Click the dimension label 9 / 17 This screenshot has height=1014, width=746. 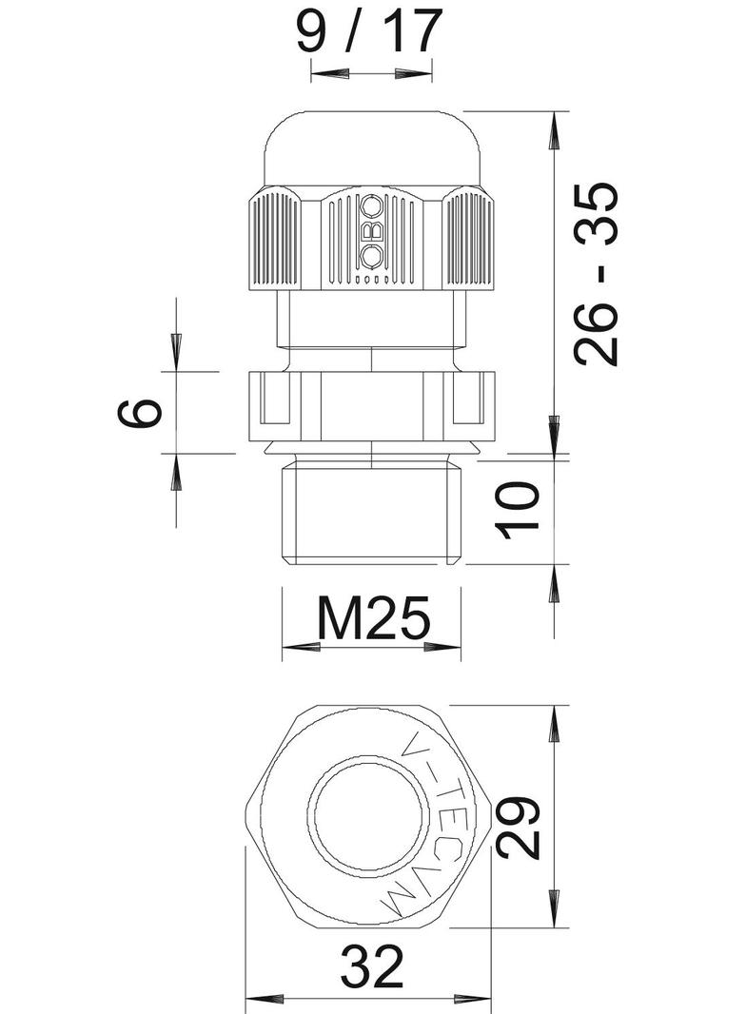coord(369,30)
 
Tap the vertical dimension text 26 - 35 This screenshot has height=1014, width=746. coord(596,274)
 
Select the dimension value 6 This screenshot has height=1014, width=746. coord(139,413)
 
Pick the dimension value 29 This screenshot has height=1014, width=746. coord(518,828)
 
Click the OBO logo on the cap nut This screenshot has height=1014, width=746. coord(371,231)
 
